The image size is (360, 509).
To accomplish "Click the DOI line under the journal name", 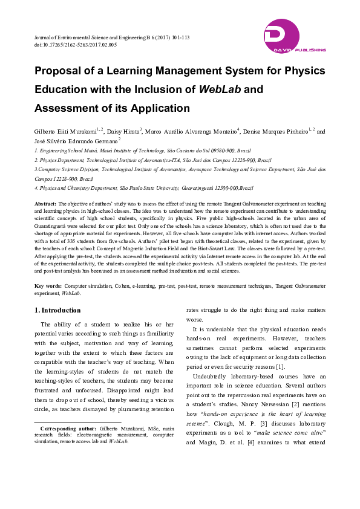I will pyautogui.click(x=76, y=45).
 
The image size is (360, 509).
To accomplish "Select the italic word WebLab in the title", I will pyautogui.click(x=220, y=89).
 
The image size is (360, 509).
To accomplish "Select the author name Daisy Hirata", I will pyautogui.click(x=124, y=131).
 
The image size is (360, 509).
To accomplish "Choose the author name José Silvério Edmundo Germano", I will pyautogui.click(x=75, y=140).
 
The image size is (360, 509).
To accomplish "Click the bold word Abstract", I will pyautogui.click(x=46, y=204).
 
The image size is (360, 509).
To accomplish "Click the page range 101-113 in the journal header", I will pyautogui.click(x=178, y=37).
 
